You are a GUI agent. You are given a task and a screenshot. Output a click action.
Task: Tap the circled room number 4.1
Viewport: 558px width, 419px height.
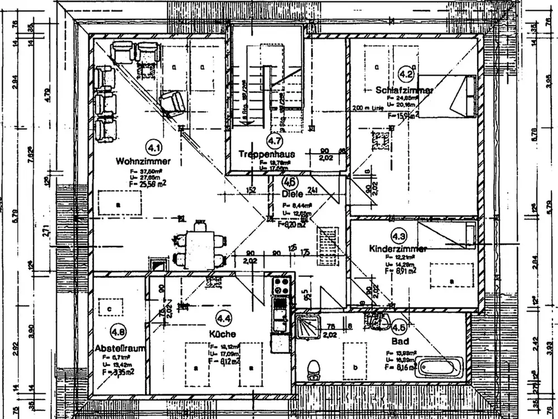point(153,147)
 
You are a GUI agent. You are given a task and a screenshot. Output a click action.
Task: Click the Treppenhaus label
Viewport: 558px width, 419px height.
point(266,154)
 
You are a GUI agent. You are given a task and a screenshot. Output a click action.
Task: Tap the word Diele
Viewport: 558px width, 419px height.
point(292,194)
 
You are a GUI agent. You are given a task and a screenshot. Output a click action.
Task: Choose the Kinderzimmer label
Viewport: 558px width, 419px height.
point(398,248)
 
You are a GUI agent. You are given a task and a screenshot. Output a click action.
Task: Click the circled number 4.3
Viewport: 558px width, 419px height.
point(399,235)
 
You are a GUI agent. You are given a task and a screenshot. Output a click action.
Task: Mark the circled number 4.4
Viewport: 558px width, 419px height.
point(224,319)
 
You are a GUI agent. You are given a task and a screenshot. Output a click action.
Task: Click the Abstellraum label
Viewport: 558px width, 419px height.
point(121,347)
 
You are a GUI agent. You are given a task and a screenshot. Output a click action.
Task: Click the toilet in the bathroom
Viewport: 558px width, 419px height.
point(314,368)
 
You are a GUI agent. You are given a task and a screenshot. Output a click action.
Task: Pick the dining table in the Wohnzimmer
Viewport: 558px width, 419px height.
point(198,244)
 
